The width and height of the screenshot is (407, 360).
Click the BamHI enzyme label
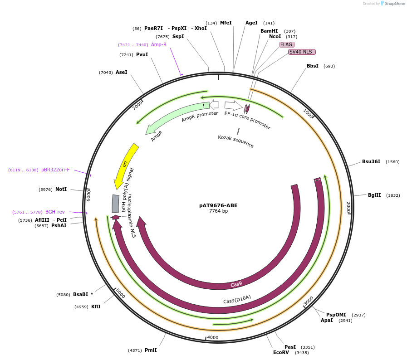point(269,31)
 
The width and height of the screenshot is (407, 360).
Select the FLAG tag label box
point(287,44)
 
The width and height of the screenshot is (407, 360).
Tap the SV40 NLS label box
point(302,52)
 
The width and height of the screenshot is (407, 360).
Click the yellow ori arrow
point(126,165)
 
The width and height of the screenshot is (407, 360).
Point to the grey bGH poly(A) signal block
point(116,204)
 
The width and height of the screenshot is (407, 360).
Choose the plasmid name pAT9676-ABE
point(218,205)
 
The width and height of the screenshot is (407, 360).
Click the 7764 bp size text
point(218,211)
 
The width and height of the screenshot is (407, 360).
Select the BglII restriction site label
point(374,195)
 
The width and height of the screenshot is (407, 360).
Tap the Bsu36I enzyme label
point(371,161)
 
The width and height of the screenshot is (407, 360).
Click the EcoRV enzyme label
point(281,352)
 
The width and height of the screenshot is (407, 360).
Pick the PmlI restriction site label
point(151,350)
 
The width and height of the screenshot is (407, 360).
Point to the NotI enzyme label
point(61,189)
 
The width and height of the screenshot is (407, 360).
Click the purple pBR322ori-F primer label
point(55,170)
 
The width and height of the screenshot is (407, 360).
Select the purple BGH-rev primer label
point(55,212)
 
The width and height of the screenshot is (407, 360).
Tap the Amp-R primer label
point(159,44)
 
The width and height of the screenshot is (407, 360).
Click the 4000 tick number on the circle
point(213,337)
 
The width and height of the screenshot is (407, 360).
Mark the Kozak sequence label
point(235,141)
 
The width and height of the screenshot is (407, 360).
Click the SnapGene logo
point(393,4)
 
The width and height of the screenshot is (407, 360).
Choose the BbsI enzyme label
point(313,66)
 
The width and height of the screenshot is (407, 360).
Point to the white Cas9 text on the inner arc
point(236,284)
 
